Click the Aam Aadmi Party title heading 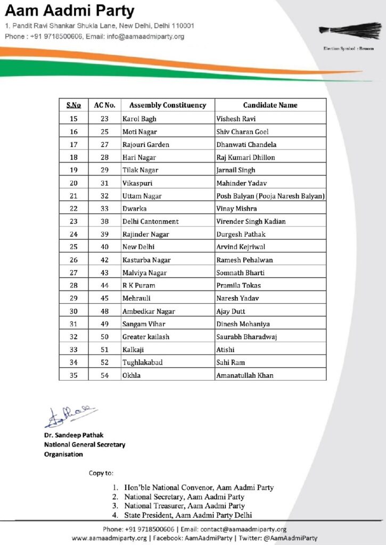tap(70, 11)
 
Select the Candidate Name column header tap(270, 105)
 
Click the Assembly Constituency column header tap(168, 105)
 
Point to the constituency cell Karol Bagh tap(139, 119)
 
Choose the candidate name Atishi tap(225, 350)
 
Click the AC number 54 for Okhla tap(104, 375)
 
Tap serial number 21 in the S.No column tap(73, 196)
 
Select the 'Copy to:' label tap(101, 473)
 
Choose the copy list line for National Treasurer tap(184, 506)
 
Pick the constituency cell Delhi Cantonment tap(151, 221)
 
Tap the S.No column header tap(73, 105)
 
